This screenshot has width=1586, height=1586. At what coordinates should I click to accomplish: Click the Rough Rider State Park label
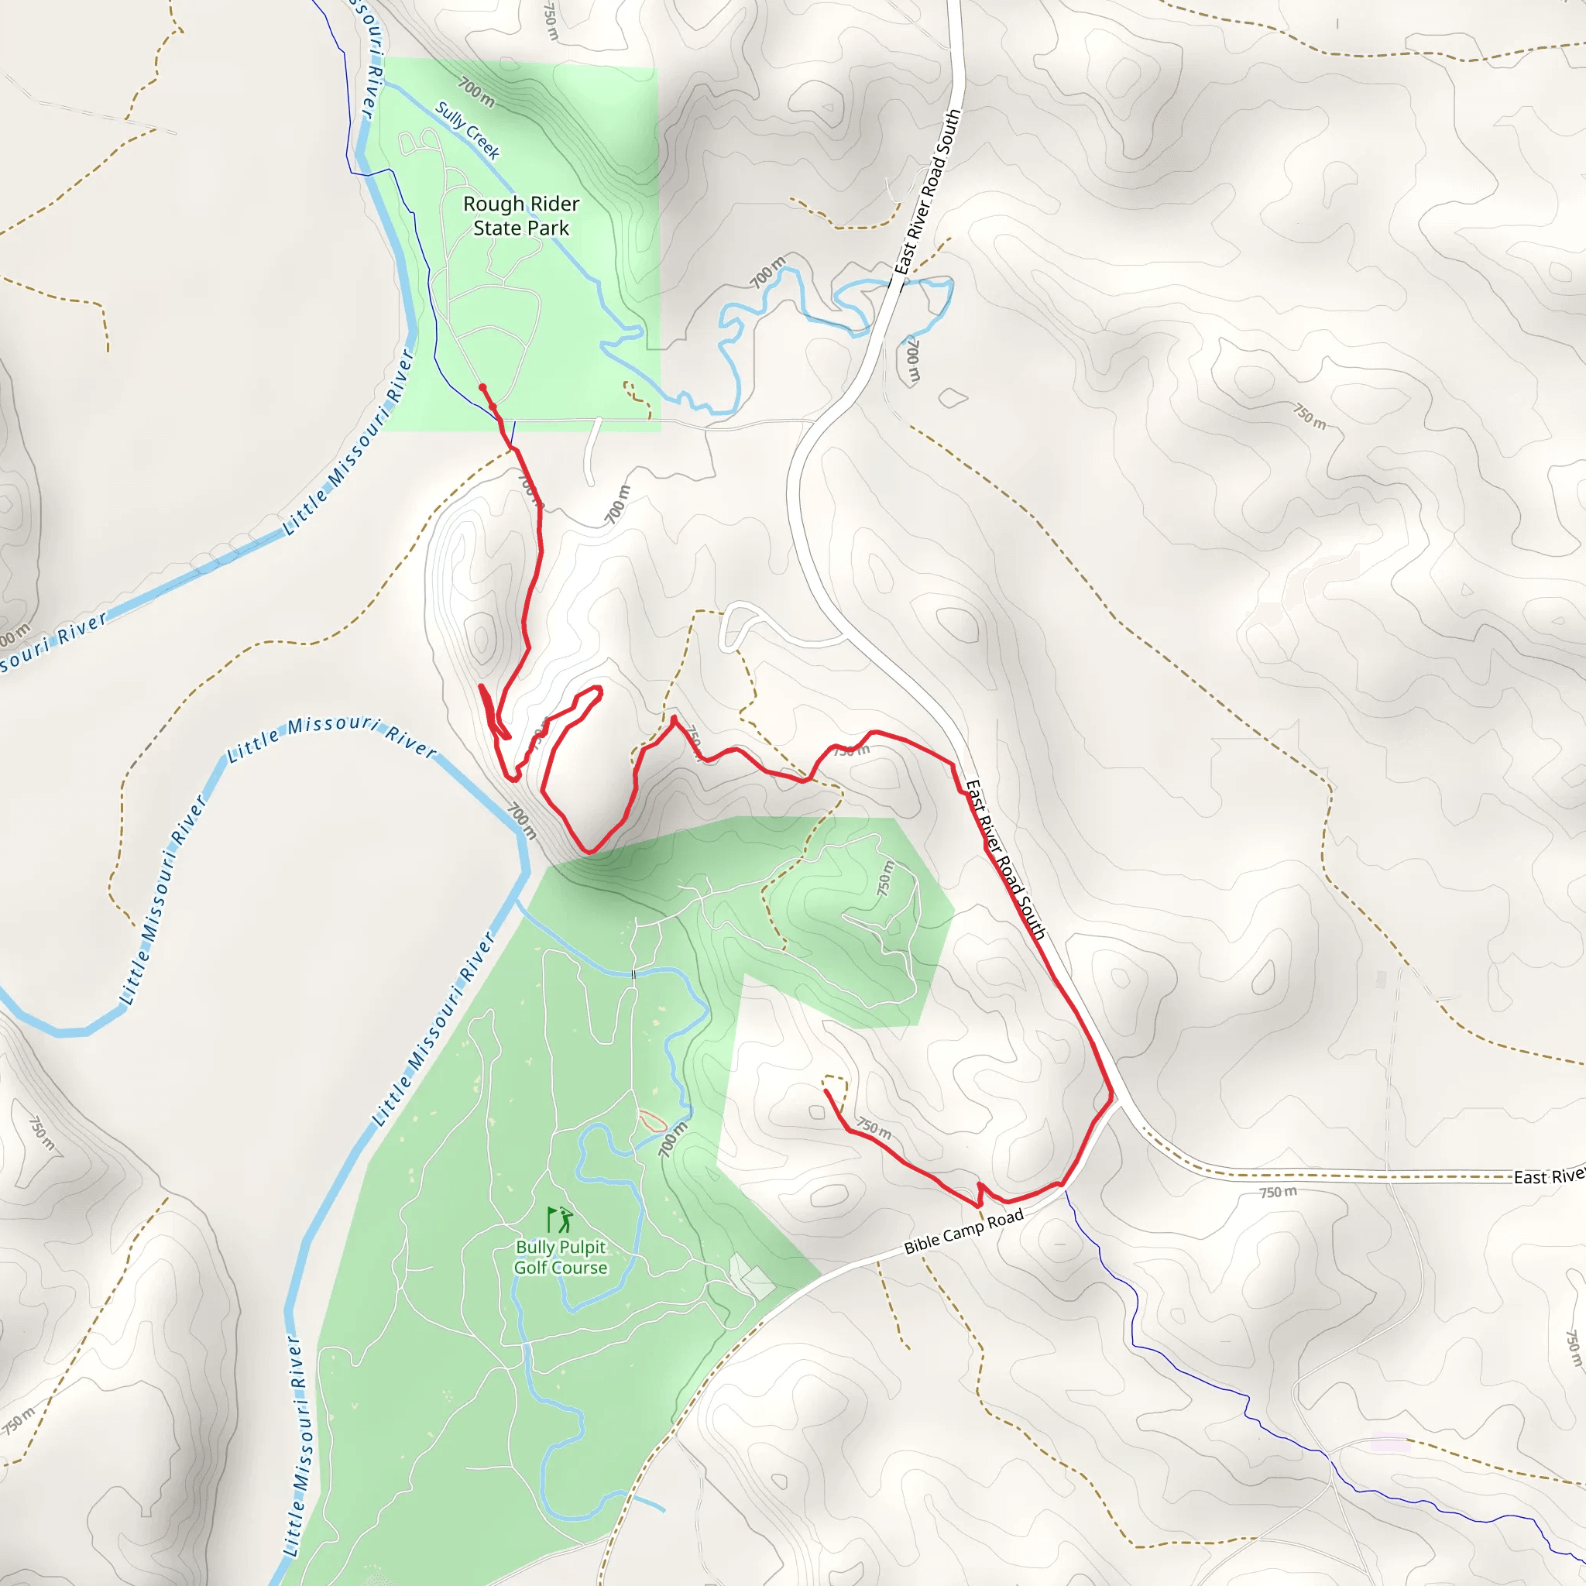pyautogui.click(x=520, y=216)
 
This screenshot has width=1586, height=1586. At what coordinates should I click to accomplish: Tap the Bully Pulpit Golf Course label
pyautogui.click(x=561, y=1257)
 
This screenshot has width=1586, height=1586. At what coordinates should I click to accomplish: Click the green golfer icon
pyautogui.click(x=561, y=1220)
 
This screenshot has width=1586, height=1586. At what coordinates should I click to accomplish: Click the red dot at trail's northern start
pyautogui.click(x=482, y=387)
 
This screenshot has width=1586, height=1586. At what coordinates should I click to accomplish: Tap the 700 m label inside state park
pyautogui.click(x=476, y=92)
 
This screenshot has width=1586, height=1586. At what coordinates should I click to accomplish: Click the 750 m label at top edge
pyautogui.click(x=551, y=22)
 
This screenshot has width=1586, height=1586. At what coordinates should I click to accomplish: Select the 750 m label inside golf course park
pyautogui.click(x=884, y=877)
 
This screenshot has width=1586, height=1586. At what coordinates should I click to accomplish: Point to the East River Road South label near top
pyautogui.click(x=927, y=192)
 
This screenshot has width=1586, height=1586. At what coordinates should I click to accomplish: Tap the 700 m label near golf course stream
pyautogui.click(x=672, y=1140)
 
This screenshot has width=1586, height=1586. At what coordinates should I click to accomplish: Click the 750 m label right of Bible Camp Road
pyautogui.click(x=1278, y=1192)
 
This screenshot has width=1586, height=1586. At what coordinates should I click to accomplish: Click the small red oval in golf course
pyautogui.click(x=652, y=1121)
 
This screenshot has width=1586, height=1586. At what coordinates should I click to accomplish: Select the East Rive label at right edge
pyautogui.click(x=1548, y=1177)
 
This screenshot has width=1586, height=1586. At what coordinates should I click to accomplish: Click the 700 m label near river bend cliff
pyautogui.click(x=520, y=820)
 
